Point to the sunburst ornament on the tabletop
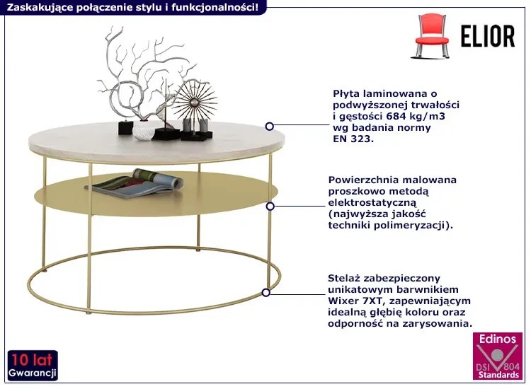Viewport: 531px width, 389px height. coord(194,103)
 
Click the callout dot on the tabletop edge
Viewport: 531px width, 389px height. coord(270,127)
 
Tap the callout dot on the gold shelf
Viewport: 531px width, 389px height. coord(270,207)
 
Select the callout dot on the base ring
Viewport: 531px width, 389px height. coord(266,291)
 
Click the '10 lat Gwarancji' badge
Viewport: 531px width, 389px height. coord(33,365)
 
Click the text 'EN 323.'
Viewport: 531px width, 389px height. coord(353,139)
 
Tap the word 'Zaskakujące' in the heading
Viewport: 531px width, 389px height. coord(36,6)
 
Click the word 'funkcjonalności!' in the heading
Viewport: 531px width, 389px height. coord(217,6)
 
